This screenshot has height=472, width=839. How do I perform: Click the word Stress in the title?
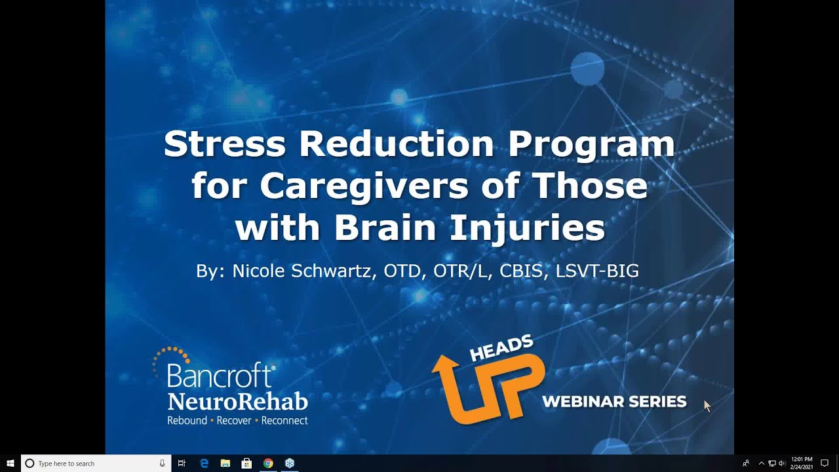click(x=224, y=144)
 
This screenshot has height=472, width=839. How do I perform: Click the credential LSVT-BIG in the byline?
click(x=596, y=271)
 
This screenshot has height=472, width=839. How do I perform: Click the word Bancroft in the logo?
click(x=220, y=376)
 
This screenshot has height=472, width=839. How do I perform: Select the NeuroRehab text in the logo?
click(x=237, y=401)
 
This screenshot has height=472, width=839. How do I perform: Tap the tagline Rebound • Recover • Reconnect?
click(x=237, y=420)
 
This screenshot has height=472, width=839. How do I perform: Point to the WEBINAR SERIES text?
click(x=614, y=401)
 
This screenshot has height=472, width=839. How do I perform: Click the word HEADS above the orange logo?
click(x=501, y=348)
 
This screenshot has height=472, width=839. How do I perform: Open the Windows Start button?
click(x=10, y=463)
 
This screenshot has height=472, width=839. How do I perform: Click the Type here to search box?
click(x=92, y=463)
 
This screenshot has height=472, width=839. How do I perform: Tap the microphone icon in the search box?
click(x=162, y=463)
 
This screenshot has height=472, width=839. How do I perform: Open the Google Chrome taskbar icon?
click(x=268, y=463)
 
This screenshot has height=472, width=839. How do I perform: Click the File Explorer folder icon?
click(x=225, y=463)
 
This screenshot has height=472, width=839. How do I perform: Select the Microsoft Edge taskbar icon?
click(x=204, y=463)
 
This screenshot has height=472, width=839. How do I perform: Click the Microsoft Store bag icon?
click(x=246, y=463)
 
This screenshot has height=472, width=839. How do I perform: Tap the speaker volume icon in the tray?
click(x=781, y=463)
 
